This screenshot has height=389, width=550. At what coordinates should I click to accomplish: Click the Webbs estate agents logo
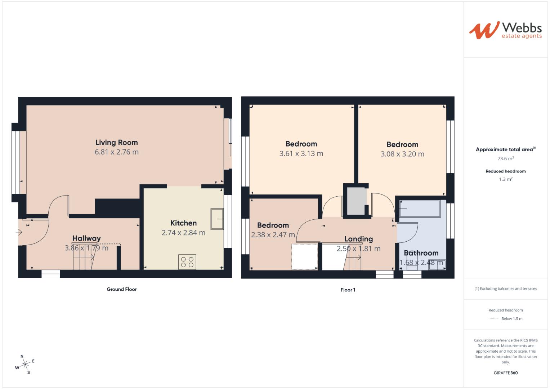tap(505, 30)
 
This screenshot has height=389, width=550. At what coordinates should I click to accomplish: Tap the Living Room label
tap(116, 143)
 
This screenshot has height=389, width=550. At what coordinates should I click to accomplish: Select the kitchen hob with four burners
tap(187, 261)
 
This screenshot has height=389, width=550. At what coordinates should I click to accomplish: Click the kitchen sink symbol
tap(217, 219)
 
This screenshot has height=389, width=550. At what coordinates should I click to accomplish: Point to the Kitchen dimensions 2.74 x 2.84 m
tap(183, 233)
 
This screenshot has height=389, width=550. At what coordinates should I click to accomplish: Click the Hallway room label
tap(86, 238)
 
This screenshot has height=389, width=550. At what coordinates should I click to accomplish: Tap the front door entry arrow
tap(19, 232)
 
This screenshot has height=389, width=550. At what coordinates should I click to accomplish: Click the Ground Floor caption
tap(122, 289)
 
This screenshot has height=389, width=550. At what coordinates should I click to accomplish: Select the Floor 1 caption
tap(348, 290)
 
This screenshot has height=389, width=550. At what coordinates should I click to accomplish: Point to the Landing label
tap(358, 239)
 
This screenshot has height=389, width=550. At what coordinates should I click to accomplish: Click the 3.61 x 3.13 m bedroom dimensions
tap(301, 154)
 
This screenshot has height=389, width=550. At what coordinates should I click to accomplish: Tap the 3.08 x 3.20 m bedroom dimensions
tap(402, 154)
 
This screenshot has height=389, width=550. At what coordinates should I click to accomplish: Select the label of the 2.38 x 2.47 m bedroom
tap(273, 225)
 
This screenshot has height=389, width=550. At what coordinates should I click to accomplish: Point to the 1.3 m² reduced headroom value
tap(505, 179)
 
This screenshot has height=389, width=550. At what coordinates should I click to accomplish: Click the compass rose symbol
tap(25, 365)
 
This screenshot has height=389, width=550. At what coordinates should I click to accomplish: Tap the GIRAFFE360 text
tap(505, 373)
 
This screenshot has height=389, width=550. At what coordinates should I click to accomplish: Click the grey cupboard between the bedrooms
tap(356, 201)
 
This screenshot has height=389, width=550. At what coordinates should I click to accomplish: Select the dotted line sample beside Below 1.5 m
tap(493, 319)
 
